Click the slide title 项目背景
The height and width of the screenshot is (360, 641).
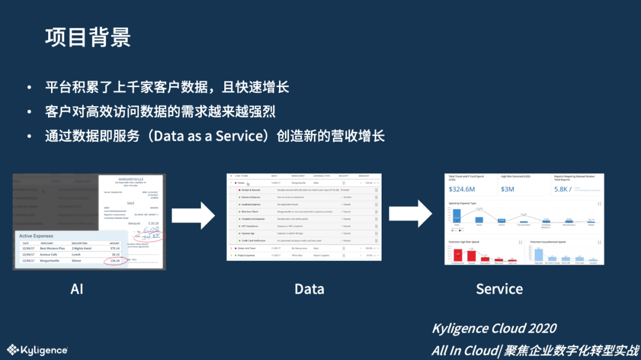88,37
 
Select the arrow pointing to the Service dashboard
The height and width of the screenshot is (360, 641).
410,214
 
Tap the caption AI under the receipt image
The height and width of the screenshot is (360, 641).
77,289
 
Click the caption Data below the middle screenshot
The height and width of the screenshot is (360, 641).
309,289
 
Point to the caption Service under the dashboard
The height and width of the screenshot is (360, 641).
499,289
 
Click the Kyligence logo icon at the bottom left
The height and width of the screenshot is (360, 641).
12,350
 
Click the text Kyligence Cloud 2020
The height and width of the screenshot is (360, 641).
494,329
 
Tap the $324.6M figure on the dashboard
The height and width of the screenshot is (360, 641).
462,189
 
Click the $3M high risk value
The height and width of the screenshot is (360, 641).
507,189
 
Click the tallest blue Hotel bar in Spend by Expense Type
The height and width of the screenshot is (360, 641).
457,216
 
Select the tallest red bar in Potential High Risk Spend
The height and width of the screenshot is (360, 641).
458,255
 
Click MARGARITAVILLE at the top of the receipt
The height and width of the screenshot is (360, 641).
132,179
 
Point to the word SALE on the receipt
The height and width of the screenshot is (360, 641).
132,202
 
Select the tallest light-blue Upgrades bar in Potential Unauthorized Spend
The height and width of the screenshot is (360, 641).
538,254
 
